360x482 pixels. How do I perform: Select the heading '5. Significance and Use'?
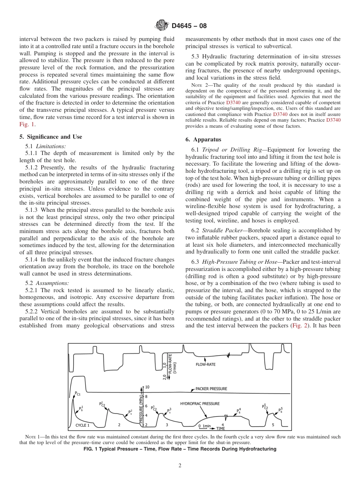tap(50, 137)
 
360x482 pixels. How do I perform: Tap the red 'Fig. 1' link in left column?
tap(27, 124)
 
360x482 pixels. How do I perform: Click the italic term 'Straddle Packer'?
tap(218, 230)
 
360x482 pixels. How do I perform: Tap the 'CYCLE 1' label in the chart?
tap(82, 425)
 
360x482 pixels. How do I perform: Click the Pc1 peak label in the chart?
tap(78, 394)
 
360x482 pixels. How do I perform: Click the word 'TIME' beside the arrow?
tap(221, 429)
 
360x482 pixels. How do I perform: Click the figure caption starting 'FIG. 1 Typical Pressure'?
tap(180, 449)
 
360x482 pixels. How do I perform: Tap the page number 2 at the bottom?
tap(180, 466)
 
